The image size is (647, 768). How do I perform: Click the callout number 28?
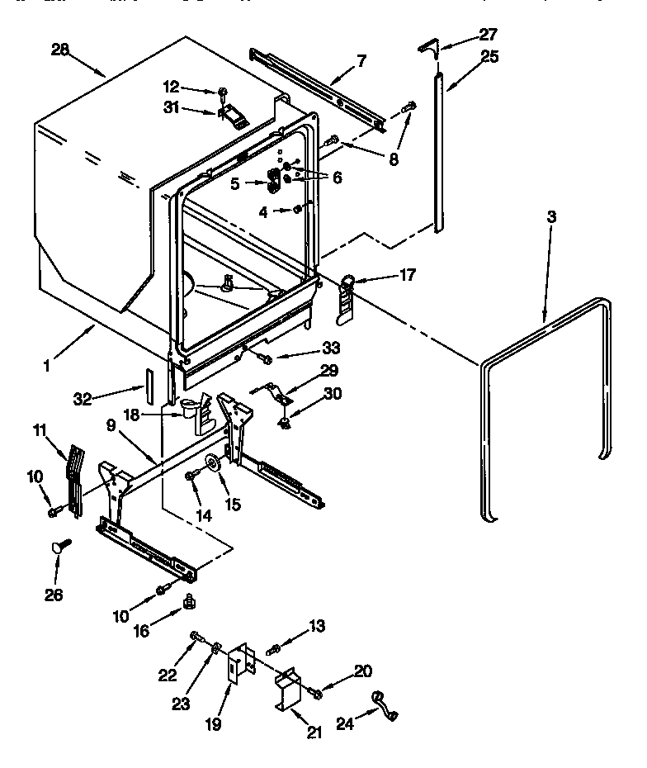pos(60,50)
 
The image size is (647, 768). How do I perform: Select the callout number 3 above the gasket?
pos(551,217)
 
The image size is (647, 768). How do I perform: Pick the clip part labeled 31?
pos(234,116)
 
